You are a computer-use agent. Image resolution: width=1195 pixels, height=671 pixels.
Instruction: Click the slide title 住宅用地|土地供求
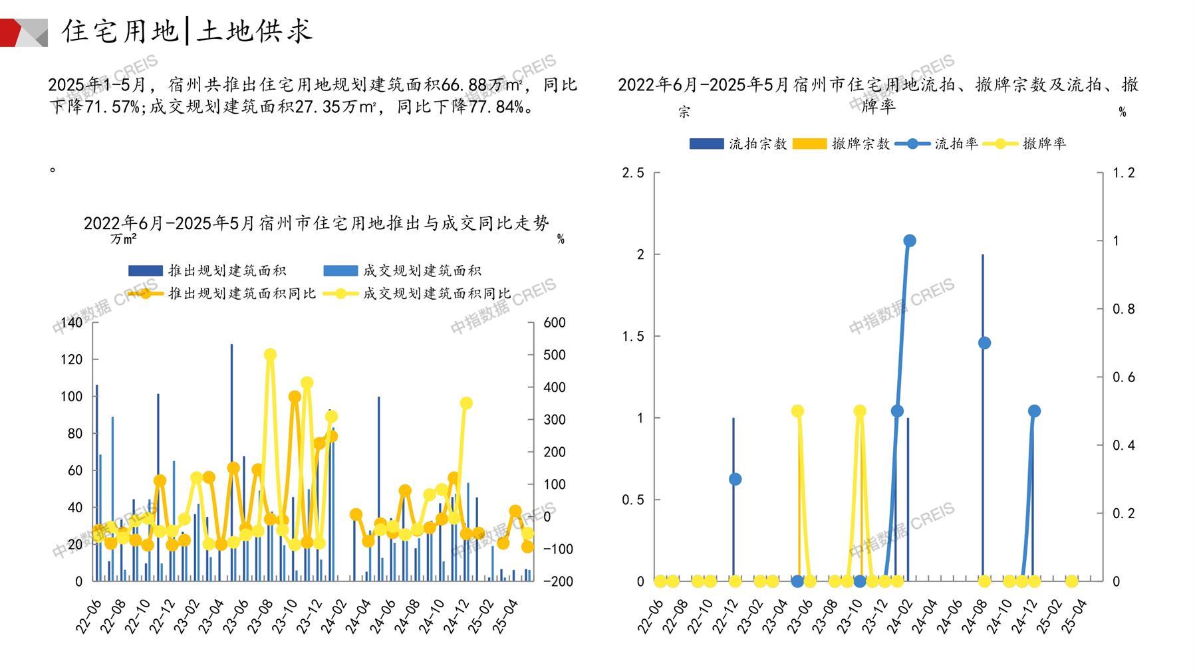click(186, 31)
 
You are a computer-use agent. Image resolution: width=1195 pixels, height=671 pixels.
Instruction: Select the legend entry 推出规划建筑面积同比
click(222, 293)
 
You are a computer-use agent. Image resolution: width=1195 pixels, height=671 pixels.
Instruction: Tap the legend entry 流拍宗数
click(738, 144)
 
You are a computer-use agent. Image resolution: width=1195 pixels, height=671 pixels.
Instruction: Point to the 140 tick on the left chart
click(72, 323)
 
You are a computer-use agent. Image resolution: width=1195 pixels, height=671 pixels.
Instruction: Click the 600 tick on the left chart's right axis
click(555, 323)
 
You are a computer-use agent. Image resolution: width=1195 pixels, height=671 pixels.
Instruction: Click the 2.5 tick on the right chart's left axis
click(633, 173)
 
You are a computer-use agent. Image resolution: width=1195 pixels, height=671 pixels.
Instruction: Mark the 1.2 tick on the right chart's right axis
click(1124, 173)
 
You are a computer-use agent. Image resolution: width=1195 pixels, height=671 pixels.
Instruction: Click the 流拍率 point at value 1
click(910, 240)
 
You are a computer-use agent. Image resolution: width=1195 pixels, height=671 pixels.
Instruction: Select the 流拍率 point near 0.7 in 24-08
click(985, 343)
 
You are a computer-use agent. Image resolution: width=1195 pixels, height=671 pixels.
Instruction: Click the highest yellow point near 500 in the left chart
click(270, 355)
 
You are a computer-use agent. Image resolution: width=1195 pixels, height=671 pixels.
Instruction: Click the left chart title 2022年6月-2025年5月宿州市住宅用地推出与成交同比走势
click(317, 223)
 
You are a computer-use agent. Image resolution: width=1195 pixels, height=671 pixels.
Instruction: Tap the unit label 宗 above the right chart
click(684, 112)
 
